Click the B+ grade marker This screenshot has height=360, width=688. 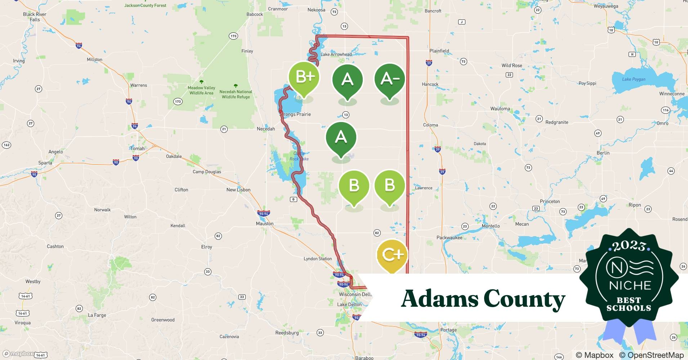304,77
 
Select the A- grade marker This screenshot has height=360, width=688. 389,79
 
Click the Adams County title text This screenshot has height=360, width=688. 483,299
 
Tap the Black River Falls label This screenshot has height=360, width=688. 35,17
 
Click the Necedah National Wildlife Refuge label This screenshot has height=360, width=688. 236,94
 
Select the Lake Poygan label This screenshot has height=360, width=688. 634,79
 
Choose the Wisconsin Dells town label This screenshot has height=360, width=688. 355,294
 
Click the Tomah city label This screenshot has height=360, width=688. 137,149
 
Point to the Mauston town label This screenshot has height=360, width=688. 265,224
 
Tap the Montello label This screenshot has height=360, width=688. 491,226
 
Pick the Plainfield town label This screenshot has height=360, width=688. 439,51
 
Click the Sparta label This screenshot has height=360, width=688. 45,163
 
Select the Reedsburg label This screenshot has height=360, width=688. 287,333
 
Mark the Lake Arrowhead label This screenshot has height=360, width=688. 336,54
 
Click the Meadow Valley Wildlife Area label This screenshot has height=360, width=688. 201,90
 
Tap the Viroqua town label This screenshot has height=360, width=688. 22,323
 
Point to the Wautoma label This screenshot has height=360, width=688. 500,109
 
